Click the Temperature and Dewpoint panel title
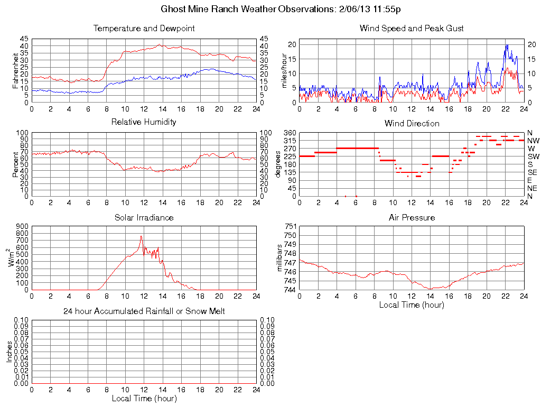tap(144, 28)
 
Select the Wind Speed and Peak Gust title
tap(412, 28)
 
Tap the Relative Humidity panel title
tap(144, 122)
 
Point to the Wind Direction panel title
tap(412, 123)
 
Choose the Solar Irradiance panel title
tap(144, 217)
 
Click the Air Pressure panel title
tap(412, 217)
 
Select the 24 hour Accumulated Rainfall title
tap(144, 311)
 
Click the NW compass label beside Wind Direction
tap(533, 141)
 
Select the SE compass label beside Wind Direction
tap(533, 172)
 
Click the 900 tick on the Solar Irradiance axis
tap(22, 226)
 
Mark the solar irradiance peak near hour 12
tap(141, 236)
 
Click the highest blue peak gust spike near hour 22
tap(506, 45)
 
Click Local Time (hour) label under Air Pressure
tap(412, 304)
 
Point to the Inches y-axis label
tap(10, 352)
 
